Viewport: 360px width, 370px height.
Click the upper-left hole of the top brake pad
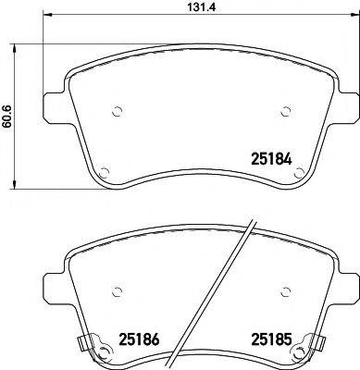tap(117, 112)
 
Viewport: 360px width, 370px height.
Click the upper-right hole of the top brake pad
tap(284, 112)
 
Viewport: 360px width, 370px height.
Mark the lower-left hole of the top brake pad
tap(104, 171)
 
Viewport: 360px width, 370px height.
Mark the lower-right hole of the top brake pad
tap(297, 171)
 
